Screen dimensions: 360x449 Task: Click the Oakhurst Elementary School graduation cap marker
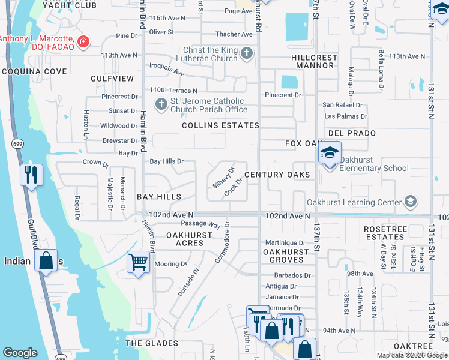pyautogui.click(x=330, y=152)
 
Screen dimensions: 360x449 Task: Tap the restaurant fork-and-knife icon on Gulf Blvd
pyautogui.click(x=30, y=175)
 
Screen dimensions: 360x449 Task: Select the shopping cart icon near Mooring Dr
pyautogui.click(x=138, y=263)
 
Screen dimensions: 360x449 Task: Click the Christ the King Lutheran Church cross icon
pyautogui.click(x=246, y=55)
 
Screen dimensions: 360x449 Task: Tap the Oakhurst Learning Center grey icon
pyautogui.click(x=411, y=202)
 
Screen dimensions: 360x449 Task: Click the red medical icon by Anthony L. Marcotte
pyautogui.click(x=83, y=41)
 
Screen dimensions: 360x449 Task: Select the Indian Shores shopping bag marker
pyautogui.click(x=46, y=260)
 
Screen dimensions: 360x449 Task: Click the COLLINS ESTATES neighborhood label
pyautogui.click(x=220, y=125)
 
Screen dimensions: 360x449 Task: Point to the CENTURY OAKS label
pyautogui.click(x=277, y=175)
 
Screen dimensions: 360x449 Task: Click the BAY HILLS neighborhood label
pyautogui.click(x=159, y=197)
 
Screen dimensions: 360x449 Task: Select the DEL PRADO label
pyautogui.click(x=352, y=133)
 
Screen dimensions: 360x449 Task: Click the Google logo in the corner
pyautogui.click(x=20, y=353)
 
